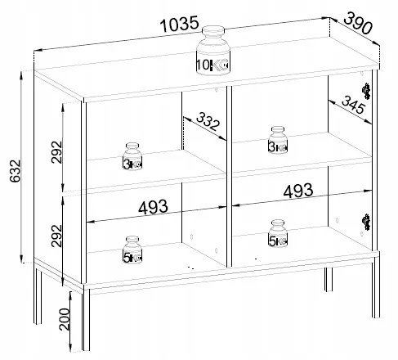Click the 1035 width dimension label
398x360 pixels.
point(180,24)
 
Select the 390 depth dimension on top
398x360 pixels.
point(358,24)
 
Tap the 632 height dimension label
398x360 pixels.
point(15,171)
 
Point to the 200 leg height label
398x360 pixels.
point(65,319)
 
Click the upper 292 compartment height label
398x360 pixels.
point(56,152)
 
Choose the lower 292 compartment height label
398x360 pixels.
point(56,236)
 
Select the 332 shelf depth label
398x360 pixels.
point(208,121)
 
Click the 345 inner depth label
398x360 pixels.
point(353,105)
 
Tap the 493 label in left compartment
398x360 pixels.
point(153,207)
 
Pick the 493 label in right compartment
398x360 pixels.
point(298,191)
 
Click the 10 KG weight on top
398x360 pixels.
point(213,50)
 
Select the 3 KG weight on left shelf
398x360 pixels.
point(132,156)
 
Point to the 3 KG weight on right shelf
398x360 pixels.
point(278,140)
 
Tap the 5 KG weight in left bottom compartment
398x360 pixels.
point(132,250)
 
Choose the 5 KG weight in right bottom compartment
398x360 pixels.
point(278,233)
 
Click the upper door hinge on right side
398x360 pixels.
point(366,91)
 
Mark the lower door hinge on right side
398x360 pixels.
point(366,222)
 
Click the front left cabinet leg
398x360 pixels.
point(86,320)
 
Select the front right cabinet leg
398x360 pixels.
point(376,287)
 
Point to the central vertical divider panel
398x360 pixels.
point(229,176)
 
